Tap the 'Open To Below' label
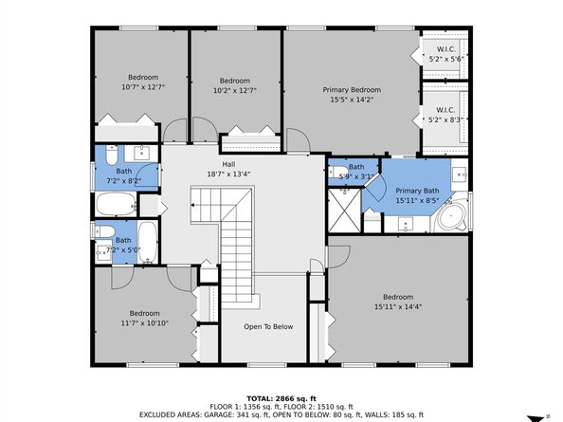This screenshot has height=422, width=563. pyautogui.click(x=268, y=327)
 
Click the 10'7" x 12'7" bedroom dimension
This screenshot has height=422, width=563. pyautogui.click(x=143, y=87)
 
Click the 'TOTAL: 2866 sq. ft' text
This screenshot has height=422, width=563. pyautogui.click(x=281, y=398)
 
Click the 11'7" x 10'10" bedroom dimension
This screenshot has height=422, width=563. pyautogui.click(x=144, y=323)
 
